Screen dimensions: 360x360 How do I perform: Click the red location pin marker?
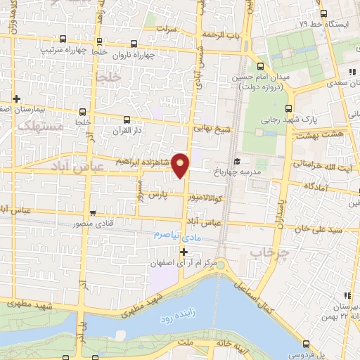(x=181, y=165)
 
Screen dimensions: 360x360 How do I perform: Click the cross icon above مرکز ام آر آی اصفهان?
(x=184, y=252)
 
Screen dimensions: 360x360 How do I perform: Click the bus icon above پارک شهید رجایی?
(x=288, y=109)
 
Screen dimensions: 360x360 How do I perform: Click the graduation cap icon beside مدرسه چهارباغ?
(x=236, y=161)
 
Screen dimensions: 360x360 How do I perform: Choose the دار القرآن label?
(x=127, y=131)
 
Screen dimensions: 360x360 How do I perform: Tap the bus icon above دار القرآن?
(x=127, y=120)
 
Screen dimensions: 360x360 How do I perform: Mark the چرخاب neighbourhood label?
(x=265, y=251)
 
